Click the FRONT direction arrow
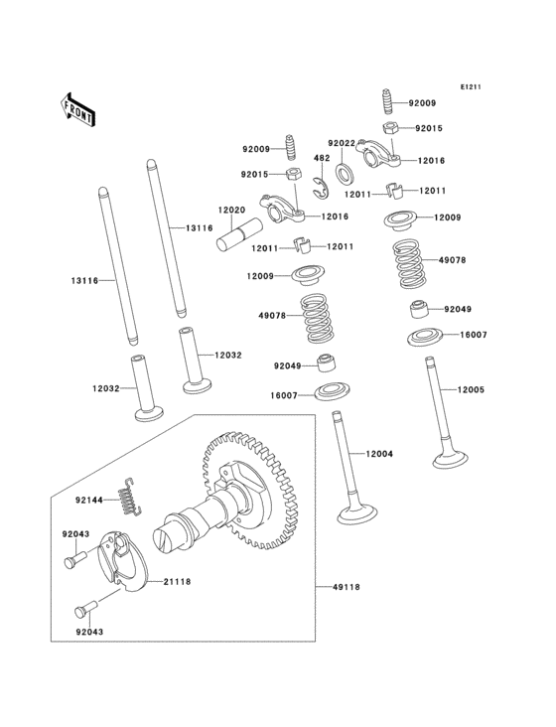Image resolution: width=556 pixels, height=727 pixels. pyautogui.click(x=77, y=108)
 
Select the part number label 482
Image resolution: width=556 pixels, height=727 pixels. pyautogui.click(x=322, y=158)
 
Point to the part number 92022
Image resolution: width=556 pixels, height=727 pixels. pyautogui.click(x=341, y=143)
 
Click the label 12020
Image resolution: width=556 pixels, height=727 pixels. pyautogui.click(x=231, y=211)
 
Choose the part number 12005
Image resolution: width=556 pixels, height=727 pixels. pyautogui.click(x=471, y=389)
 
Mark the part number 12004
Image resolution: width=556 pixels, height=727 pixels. pyautogui.click(x=378, y=453)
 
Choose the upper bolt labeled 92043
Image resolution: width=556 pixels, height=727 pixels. pyautogui.click(x=70, y=562)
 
